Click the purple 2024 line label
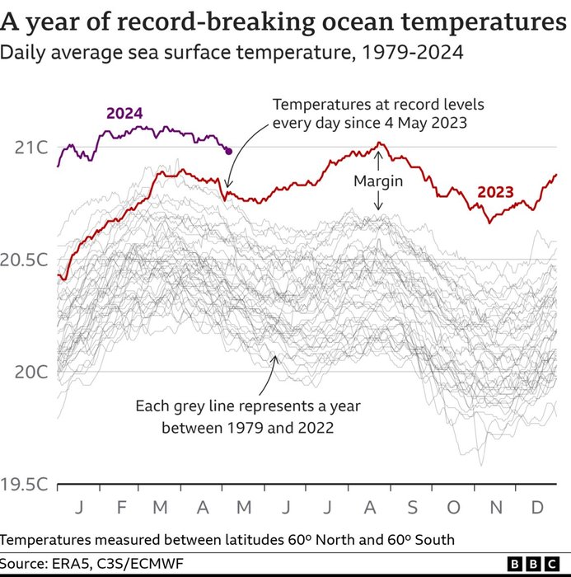pyautogui.click(x=124, y=113)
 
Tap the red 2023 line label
pyautogui.click(x=495, y=193)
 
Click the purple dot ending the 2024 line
pyautogui.click(x=228, y=151)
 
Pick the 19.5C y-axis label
pyautogui.click(x=24, y=484)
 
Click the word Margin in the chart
pyautogui.click(x=378, y=181)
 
